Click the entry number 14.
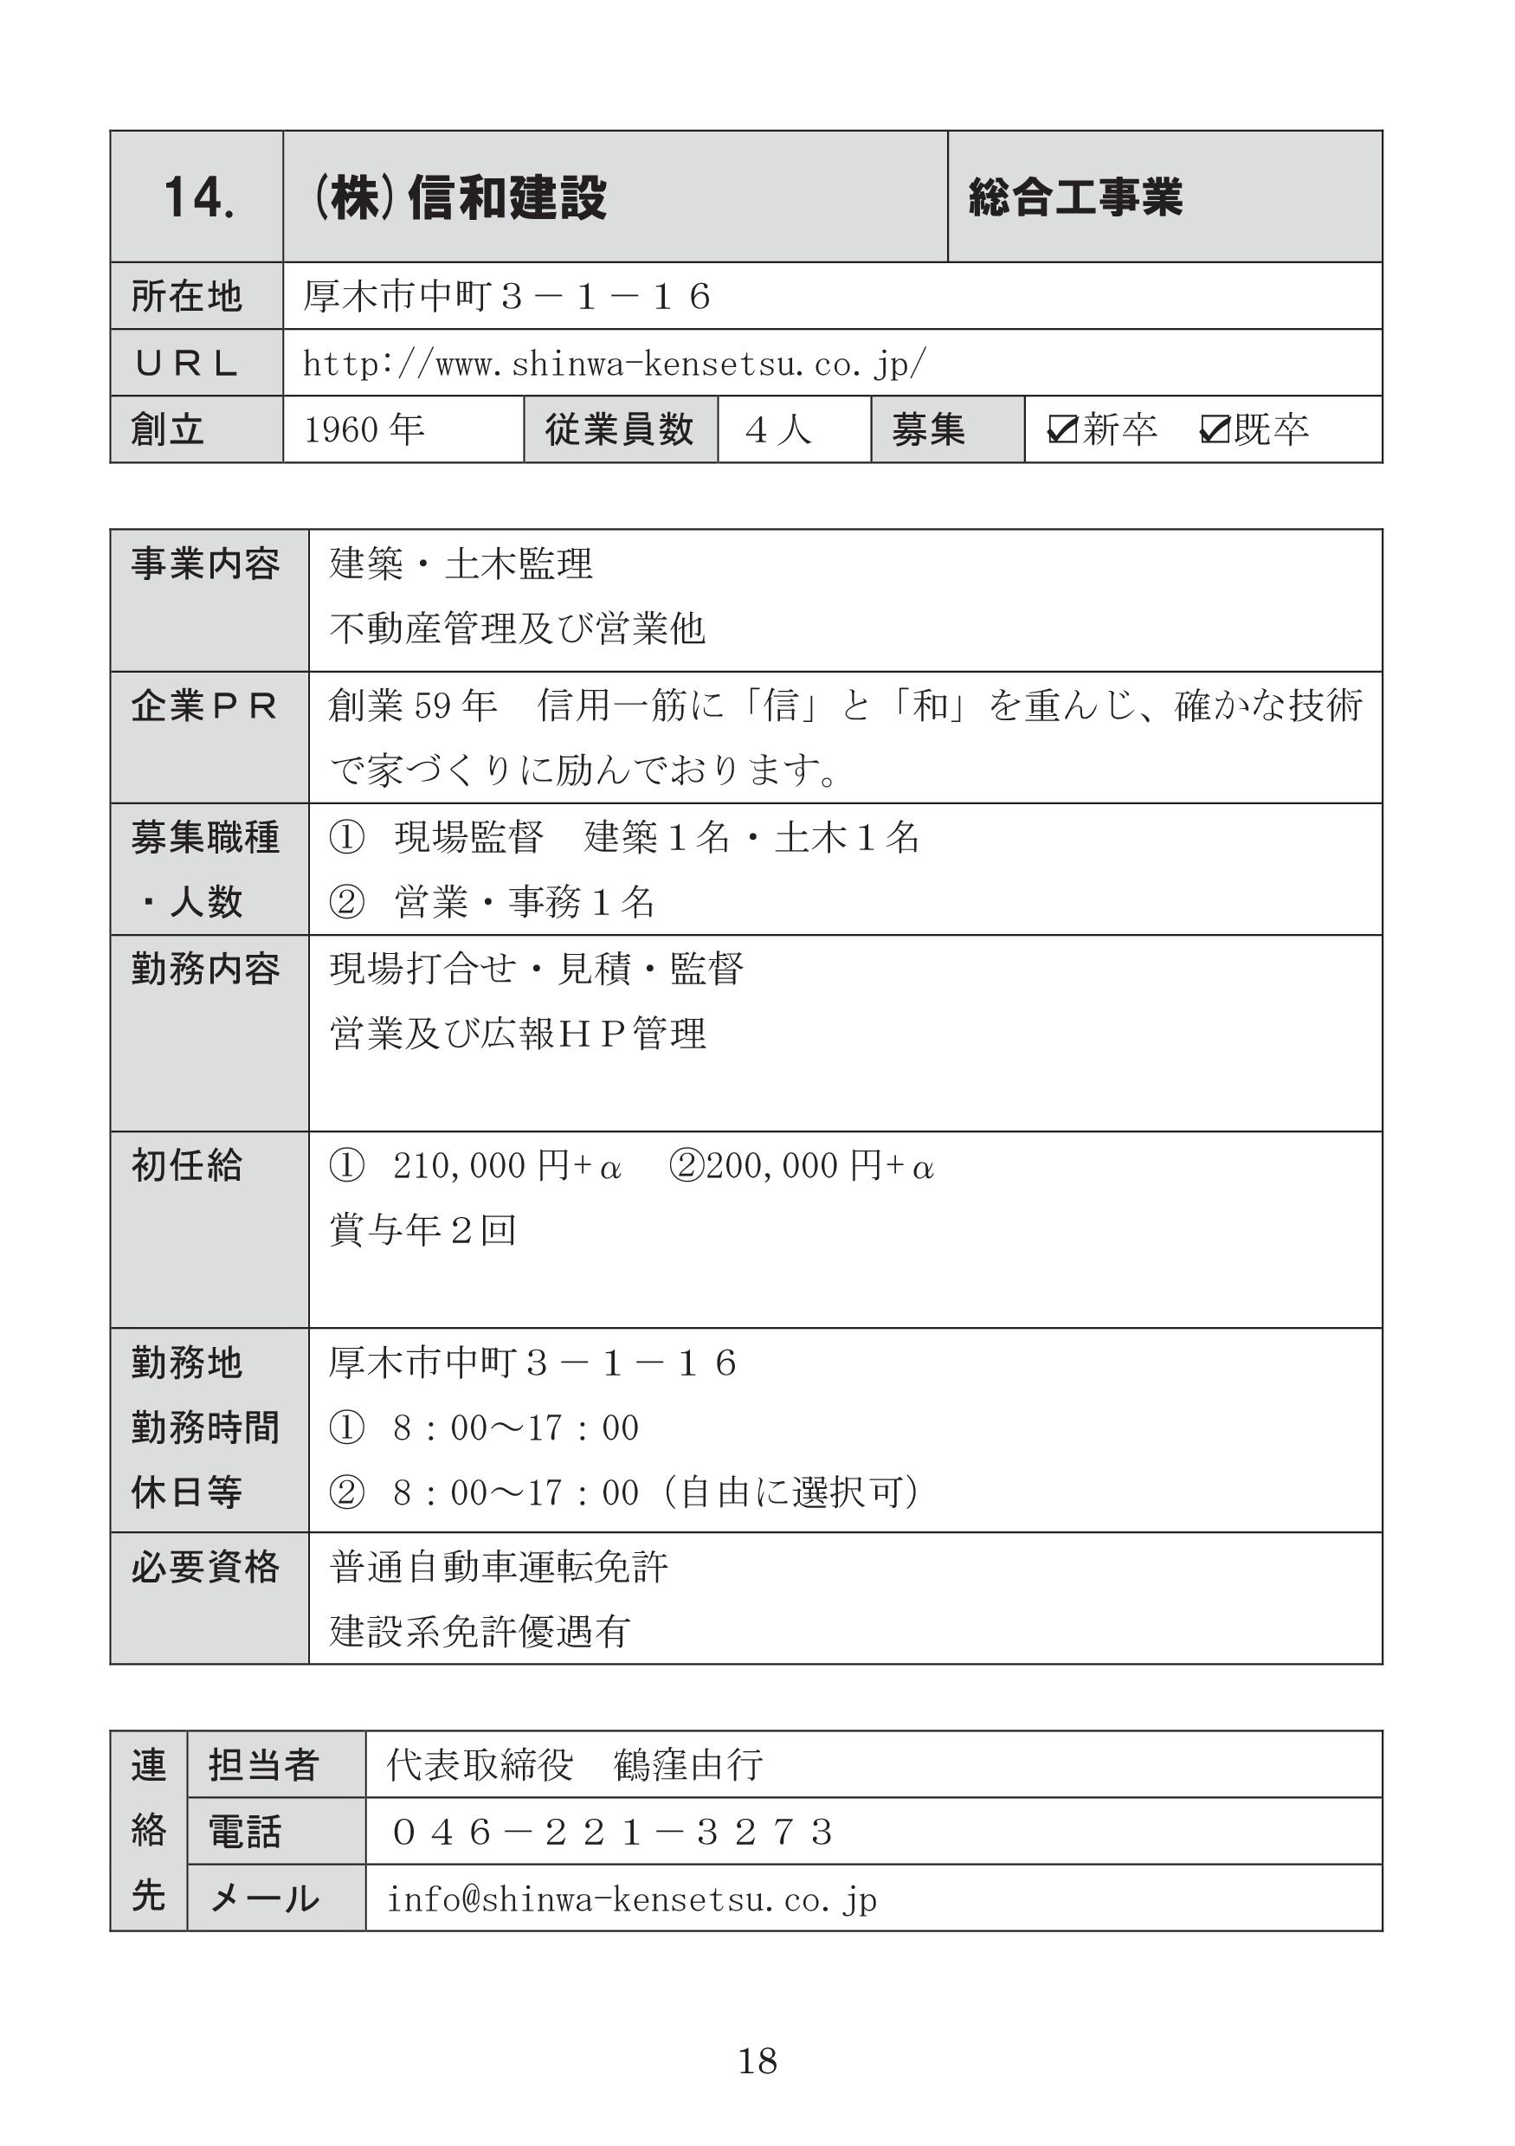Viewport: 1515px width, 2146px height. pos(198,198)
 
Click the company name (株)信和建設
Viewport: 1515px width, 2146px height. pos(459,198)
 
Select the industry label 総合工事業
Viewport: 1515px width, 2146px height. pos(1075,198)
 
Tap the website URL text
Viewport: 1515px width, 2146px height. pos(614,364)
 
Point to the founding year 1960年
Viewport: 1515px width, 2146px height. pos(364,430)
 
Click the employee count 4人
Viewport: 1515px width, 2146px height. pos(778,430)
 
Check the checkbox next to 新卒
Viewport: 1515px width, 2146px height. pos(1062,429)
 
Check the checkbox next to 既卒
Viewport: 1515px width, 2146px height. pos(1214,429)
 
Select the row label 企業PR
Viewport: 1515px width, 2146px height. pos(204,706)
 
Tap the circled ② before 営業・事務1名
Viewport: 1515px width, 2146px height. pos(347,903)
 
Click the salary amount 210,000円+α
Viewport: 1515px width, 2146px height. pos(506,1166)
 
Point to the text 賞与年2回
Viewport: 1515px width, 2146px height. pos(422,1230)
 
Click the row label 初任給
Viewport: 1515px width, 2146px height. pos(187,1166)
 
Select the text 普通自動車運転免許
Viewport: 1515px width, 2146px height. pos(499,1568)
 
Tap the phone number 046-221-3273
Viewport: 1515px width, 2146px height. pos(612,1833)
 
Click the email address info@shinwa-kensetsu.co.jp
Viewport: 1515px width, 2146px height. pos(632,1899)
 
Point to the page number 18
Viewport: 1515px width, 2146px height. pos(757,2061)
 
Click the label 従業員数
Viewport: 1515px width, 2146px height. pos(620,430)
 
